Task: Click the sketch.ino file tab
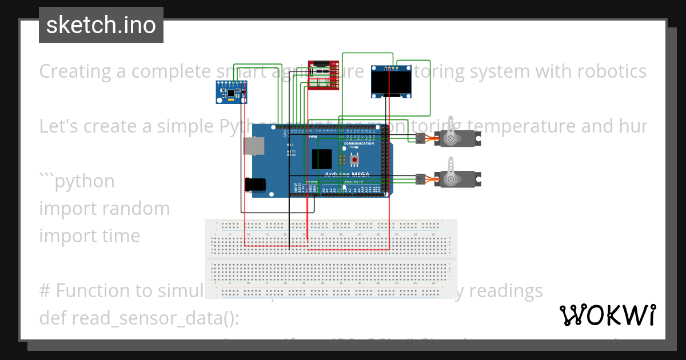coord(101,25)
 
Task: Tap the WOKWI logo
coord(607,315)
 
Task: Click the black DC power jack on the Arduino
coord(254,184)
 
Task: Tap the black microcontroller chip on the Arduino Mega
coord(321,158)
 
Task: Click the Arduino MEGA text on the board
coord(346,174)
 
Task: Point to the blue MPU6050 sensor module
coord(232,91)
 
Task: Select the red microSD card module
coord(324,75)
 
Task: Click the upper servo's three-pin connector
coord(420,138)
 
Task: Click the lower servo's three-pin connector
coord(420,179)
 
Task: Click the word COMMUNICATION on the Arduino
coord(359,143)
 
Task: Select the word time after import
coord(119,235)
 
